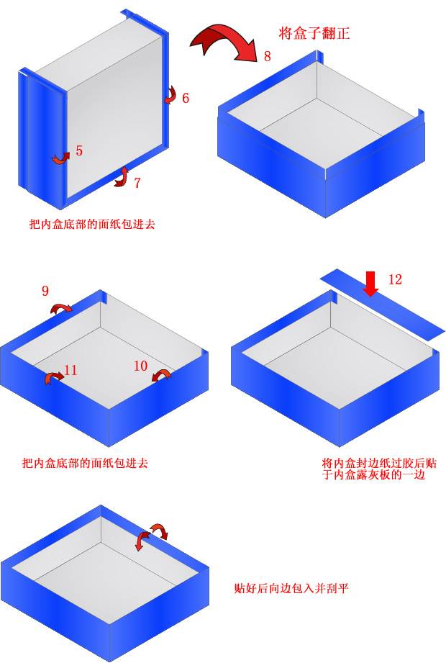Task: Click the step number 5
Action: [x=79, y=150]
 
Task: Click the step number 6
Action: [x=186, y=98]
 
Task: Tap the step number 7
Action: [x=137, y=183]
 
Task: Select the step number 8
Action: [x=267, y=56]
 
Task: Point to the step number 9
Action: [x=45, y=291]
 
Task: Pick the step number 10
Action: [x=141, y=366]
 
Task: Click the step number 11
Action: [x=70, y=371]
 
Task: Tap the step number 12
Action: [x=395, y=279]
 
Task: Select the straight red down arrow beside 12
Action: [x=370, y=283]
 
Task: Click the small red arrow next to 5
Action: [x=60, y=157]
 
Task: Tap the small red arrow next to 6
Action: [x=170, y=94]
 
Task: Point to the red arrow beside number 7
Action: [x=121, y=177]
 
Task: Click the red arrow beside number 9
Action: [x=61, y=309]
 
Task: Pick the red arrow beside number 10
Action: [x=162, y=376]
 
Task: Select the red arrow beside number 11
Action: [x=53, y=378]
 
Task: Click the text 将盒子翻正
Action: [x=314, y=33]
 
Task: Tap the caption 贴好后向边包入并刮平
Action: [x=291, y=588]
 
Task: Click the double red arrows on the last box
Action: [x=152, y=536]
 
